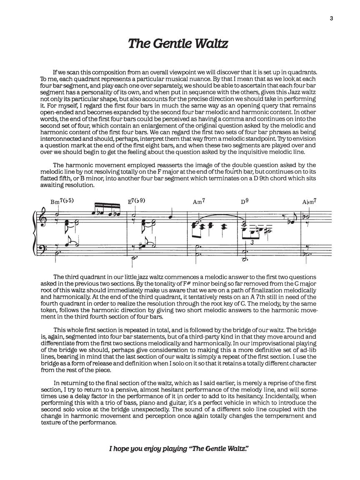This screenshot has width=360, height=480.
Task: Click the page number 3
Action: click(331, 18)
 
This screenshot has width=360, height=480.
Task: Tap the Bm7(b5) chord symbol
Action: click(62, 201)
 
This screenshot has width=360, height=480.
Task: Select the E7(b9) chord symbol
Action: click(136, 201)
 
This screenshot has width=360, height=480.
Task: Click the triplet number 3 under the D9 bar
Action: click(252, 242)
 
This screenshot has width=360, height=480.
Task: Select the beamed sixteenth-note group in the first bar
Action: click(106, 213)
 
